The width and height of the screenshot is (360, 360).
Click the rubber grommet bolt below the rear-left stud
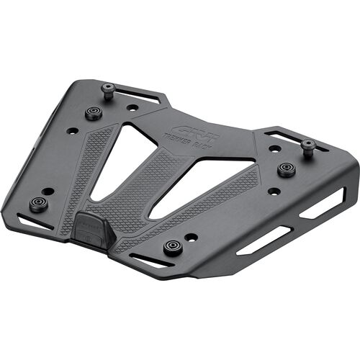tap(94, 113)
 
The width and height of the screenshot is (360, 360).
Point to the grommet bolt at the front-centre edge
tap(171, 247)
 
